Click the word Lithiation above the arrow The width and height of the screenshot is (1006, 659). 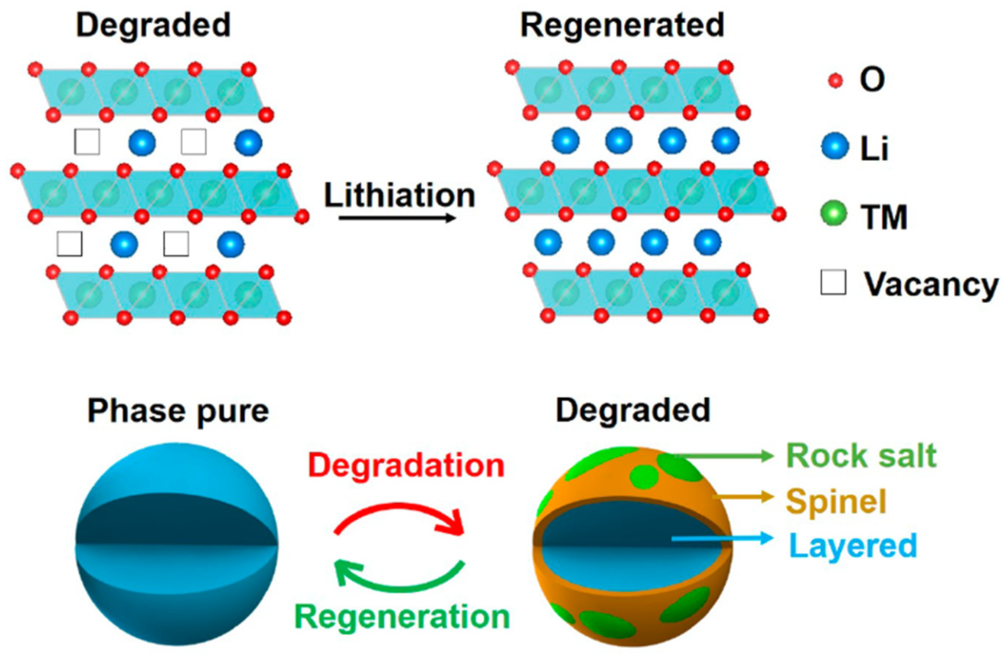click(399, 196)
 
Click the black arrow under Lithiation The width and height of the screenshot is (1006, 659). click(397, 218)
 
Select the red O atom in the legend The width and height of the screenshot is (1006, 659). click(835, 80)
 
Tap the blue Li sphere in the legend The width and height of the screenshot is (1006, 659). click(835, 146)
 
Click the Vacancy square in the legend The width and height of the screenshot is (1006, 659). click(833, 282)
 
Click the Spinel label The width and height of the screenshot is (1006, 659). click(836, 502)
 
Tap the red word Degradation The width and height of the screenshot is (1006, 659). click(406, 466)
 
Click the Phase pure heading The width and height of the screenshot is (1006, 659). click(178, 412)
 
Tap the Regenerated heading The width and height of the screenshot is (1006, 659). click(622, 26)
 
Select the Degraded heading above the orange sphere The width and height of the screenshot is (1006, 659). click(633, 411)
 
